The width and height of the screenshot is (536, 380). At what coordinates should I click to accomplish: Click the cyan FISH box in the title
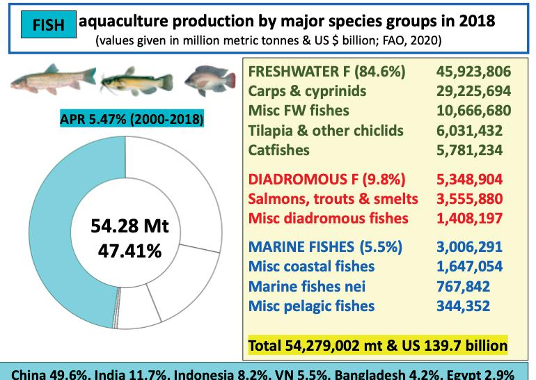(49, 24)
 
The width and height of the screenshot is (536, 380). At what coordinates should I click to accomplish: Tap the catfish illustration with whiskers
(136, 81)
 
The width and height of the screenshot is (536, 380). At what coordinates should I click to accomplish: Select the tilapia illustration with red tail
(210, 80)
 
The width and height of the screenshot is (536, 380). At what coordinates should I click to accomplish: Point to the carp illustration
(54, 79)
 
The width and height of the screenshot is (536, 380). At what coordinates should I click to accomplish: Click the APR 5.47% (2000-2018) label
(132, 118)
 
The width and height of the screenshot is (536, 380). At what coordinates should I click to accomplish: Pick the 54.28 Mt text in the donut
(130, 225)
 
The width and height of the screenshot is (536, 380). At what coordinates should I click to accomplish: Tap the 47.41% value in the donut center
(130, 251)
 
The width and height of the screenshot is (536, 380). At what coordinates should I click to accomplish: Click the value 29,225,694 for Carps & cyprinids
(474, 91)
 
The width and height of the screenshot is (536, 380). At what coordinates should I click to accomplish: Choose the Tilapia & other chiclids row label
(326, 131)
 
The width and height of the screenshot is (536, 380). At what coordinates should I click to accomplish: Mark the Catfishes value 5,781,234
(470, 150)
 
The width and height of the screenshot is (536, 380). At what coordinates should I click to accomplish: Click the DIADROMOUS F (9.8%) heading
(326, 180)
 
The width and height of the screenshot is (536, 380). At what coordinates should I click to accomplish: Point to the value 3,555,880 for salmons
(470, 199)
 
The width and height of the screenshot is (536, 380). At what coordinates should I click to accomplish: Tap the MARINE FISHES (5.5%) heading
(326, 247)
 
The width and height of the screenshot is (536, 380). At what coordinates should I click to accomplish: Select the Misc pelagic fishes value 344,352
(463, 306)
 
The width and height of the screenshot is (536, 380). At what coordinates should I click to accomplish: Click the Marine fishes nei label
(306, 286)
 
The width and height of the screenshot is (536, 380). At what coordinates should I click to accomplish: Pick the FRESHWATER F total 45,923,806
(474, 72)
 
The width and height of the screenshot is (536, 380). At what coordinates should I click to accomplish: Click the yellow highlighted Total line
(378, 345)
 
